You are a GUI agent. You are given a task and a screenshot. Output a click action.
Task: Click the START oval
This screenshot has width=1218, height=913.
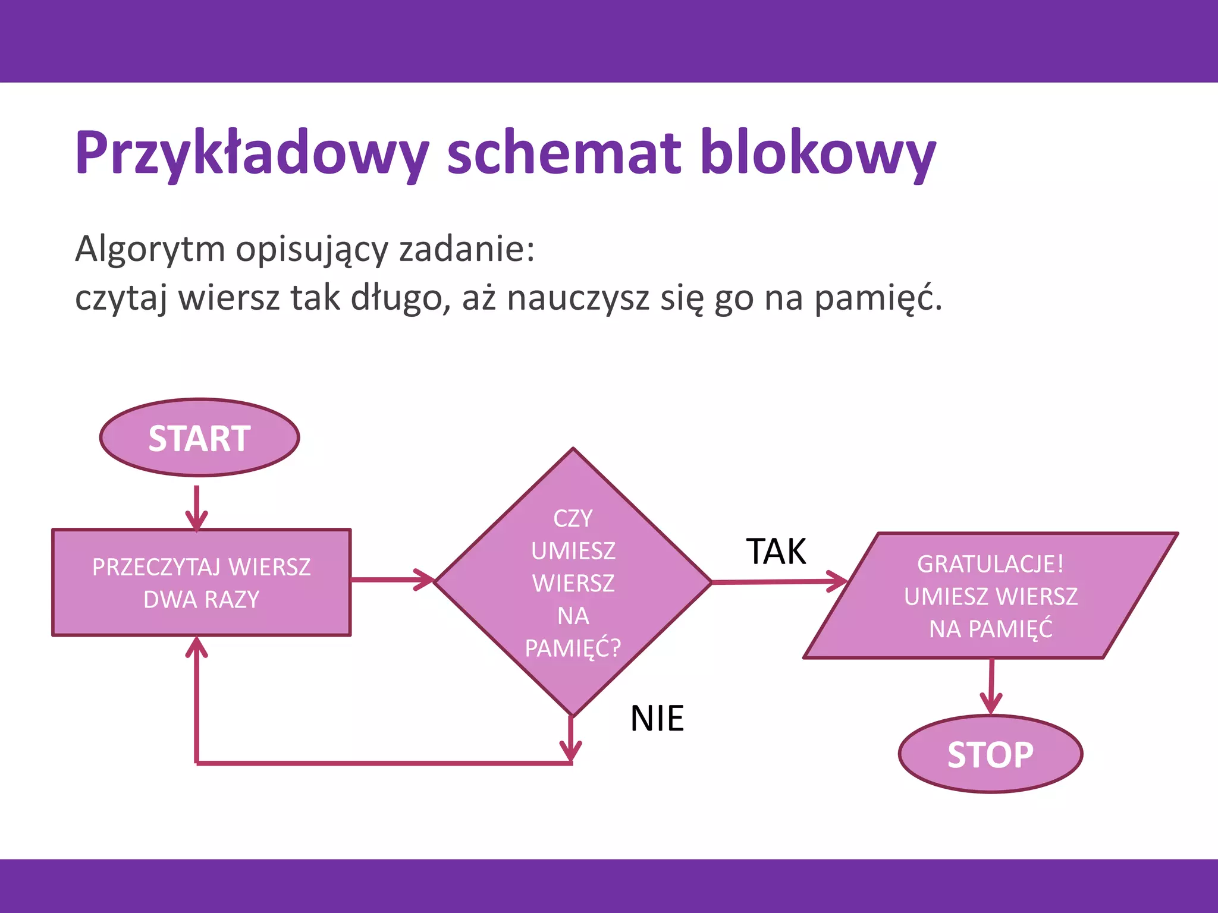[200, 438]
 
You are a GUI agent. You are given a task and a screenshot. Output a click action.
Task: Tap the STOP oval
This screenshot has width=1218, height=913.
[990, 754]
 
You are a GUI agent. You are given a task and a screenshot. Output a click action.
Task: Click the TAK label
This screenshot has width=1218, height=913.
[776, 552]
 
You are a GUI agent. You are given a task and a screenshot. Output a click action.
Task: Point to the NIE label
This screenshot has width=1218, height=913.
[657, 719]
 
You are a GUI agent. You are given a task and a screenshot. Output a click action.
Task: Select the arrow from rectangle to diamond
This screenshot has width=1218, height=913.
[393, 579]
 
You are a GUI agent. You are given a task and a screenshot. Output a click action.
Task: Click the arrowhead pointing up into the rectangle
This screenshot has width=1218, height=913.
[196, 648]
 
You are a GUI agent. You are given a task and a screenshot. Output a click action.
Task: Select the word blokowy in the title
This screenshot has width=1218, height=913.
[818, 153]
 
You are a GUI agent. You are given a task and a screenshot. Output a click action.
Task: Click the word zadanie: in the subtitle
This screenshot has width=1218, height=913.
[467, 248]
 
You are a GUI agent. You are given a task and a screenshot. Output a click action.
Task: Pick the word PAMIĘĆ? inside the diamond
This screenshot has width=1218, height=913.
[573, 648]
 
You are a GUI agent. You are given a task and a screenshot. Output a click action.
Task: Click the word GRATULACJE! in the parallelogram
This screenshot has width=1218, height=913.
[990, 564]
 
